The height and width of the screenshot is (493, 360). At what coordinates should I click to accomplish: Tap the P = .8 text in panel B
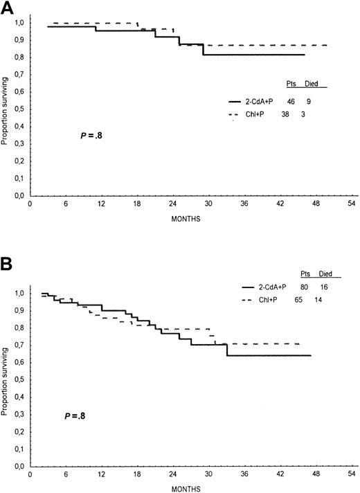tap(73, 416)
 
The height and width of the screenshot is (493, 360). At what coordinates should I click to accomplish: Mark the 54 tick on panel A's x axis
tap(351, 205)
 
